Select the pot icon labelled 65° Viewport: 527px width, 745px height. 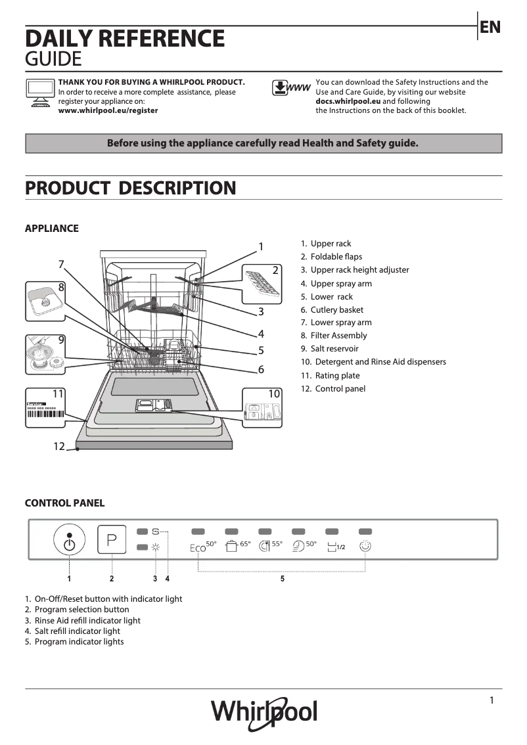point(231,545)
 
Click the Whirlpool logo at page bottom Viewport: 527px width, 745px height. point(263,712)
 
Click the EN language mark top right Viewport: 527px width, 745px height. point(490,27)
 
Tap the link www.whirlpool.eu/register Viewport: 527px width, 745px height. point(108,111)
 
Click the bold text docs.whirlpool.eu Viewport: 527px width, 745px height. point(348,102)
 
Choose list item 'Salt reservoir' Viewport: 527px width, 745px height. point(334,349)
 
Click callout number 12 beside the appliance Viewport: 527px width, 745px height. point(59,447)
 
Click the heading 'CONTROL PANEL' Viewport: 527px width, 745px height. point(64,503)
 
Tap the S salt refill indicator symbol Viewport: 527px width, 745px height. point(156,531)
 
